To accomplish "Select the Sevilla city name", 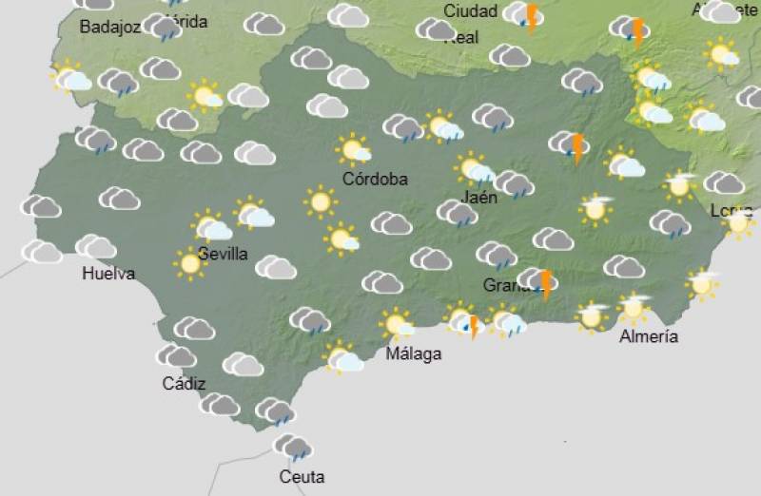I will (x=224, y=254).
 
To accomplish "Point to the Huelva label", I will (x=108, y=274).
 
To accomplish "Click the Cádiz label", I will (x=184, y=384).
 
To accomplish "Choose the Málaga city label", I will (x=414, y=354).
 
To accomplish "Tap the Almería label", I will (x=649, y=336).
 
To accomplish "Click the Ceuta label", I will (x=302, y=476).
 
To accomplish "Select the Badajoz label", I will (x=110, y=28).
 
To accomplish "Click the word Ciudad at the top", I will (x=471, y=11).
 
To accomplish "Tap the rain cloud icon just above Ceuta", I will (x=293, y=447).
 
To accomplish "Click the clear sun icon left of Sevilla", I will (x=190, y=262).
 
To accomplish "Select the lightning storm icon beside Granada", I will (x=539, y=281).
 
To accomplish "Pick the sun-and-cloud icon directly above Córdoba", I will (x=354, y=150).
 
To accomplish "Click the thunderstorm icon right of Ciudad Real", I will (x=524, y=15).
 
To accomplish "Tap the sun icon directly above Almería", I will (x=633, y=307).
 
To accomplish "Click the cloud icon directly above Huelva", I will (x=96, y=247).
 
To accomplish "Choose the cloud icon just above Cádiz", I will (x=176, y=356).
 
